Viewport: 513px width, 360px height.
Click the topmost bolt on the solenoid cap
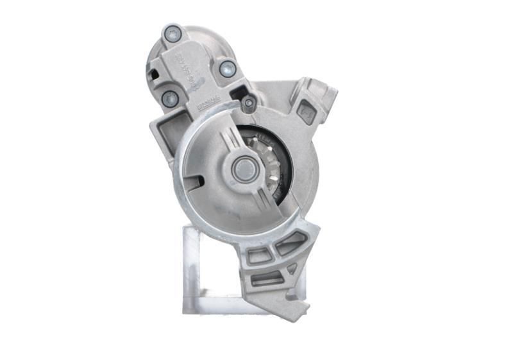point(173,33)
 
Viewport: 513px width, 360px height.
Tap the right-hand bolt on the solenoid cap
point(227,67)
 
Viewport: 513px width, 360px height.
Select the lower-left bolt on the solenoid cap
point(170,99)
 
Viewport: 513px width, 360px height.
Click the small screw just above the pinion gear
point(249,103)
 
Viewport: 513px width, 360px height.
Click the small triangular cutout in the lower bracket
point(292,270)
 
